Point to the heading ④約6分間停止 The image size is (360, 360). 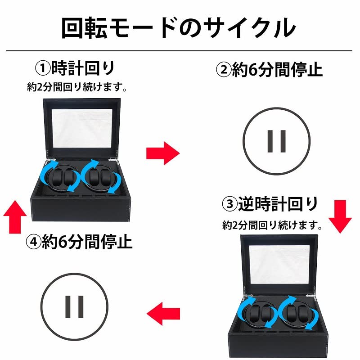point(80,243)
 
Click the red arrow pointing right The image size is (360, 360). point(162,153)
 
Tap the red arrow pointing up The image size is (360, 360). point(15,217)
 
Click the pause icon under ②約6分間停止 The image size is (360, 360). point(277,140)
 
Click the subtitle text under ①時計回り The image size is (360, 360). point(76,87)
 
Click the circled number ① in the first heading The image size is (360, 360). point(43,69)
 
